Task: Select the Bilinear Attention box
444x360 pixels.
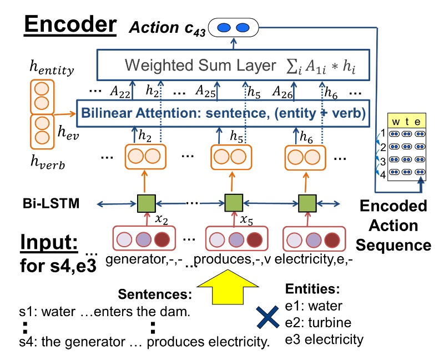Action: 223,114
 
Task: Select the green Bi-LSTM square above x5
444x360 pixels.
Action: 231,203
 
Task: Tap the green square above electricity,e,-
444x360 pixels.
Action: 306,203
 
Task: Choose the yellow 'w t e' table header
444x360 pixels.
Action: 405,121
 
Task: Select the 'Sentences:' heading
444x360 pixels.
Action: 157,294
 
